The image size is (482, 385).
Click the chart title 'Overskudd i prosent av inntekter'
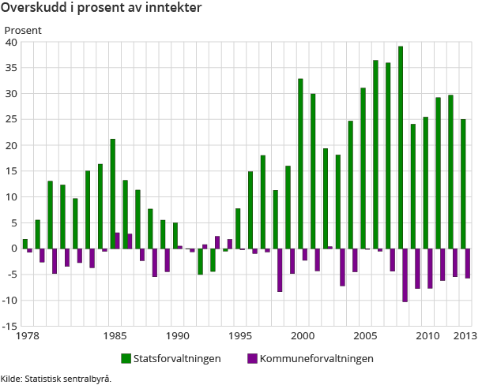point(100,8)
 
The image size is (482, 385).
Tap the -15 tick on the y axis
point(9,326)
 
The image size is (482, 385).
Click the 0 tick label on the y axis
point(14,249)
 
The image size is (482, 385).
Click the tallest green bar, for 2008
point(401,148)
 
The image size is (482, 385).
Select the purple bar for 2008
point(405,275)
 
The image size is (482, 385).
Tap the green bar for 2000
point(300,163)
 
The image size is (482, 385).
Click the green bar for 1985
point(113,194)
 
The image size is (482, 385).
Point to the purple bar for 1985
point(118,241)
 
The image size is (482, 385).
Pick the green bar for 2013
point(463,184)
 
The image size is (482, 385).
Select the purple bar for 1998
point(280,270)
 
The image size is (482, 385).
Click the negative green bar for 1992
point(200,261)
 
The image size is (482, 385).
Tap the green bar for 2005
point(363,168)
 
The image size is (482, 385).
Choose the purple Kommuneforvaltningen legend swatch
point(253,359)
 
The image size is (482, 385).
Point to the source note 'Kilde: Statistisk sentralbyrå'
point(56,378)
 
